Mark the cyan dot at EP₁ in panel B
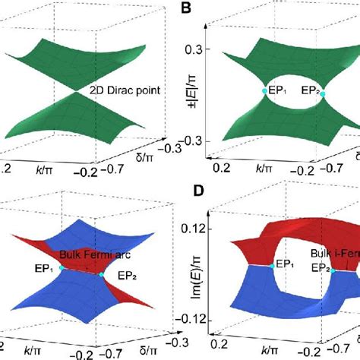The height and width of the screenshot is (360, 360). click(x=259, y=93)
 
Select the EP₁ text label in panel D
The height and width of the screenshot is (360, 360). click(x=286, y=264)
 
